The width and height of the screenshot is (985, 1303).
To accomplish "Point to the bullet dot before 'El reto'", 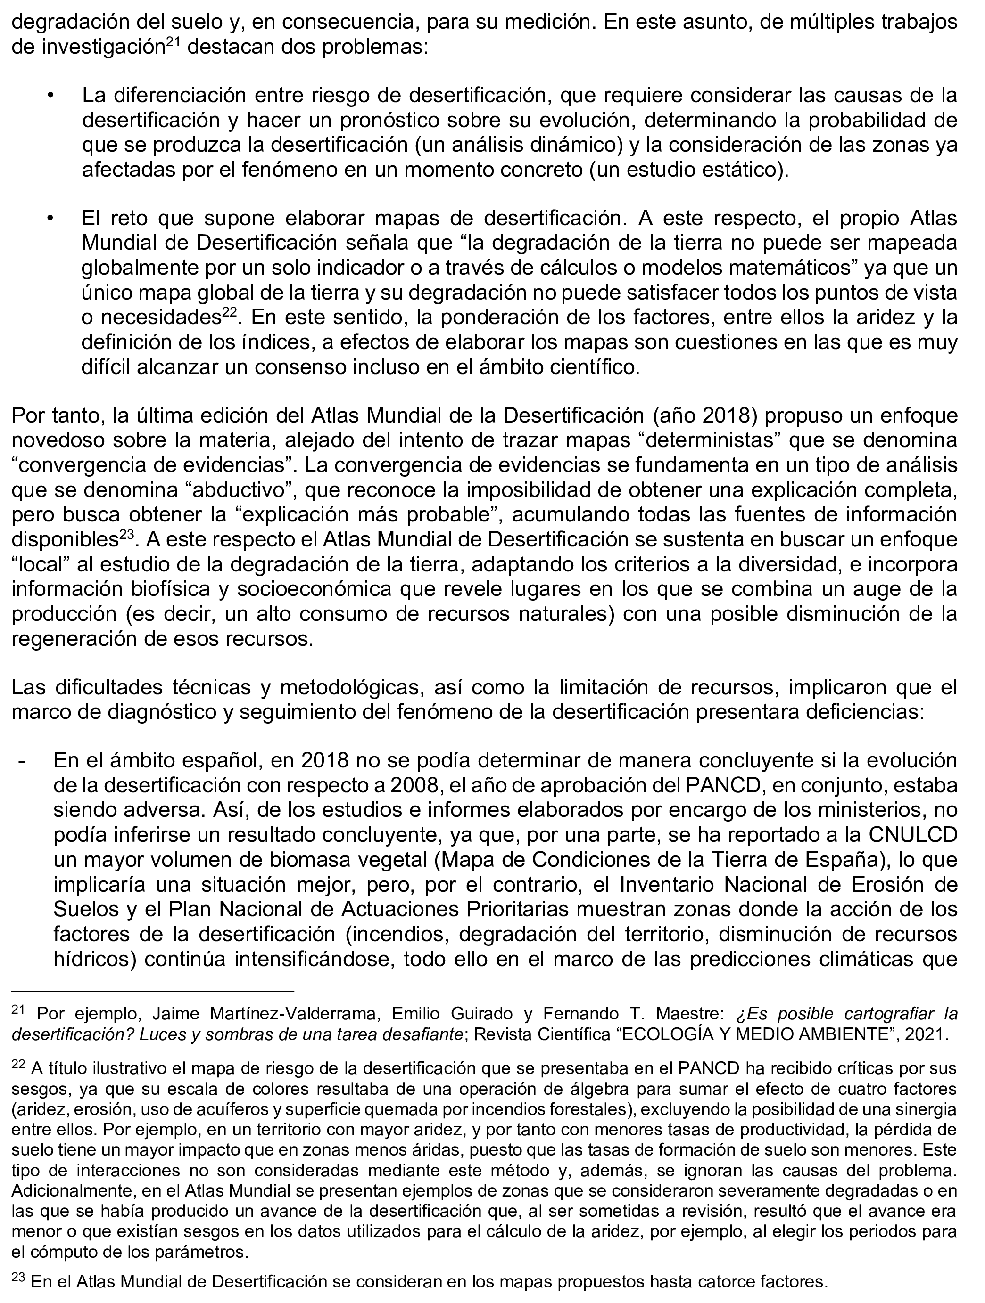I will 51,219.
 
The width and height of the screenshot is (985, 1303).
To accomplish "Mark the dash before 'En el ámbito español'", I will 22,760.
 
